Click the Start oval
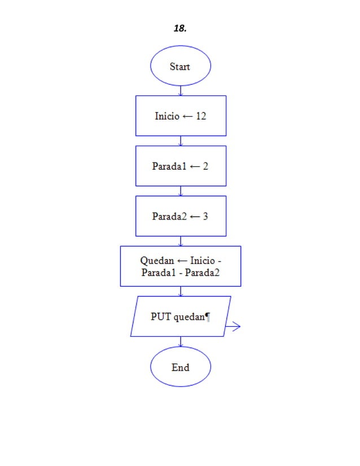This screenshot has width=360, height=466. point(180,66)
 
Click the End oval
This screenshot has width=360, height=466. point(180,367)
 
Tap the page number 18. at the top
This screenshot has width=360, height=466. point(180,28)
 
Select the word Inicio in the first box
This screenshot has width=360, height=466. point(166,116)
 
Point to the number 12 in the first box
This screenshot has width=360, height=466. point(201,116)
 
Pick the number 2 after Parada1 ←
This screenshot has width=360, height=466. point(205,166)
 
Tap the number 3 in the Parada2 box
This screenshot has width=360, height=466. point(205,216)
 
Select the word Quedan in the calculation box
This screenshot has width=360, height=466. point(157,261)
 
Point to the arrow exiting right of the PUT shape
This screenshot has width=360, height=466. point(233,326)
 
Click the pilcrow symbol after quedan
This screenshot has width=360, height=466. point(208,318)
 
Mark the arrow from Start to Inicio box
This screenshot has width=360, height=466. point(181,91)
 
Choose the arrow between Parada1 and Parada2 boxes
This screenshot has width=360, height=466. point(181,191)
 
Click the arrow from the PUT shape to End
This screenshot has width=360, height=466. point(181,342)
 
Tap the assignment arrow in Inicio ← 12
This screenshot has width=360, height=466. point(187,116)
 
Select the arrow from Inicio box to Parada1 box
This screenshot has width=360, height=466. point(181,141)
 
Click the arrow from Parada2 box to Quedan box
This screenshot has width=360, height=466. point(181,241)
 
